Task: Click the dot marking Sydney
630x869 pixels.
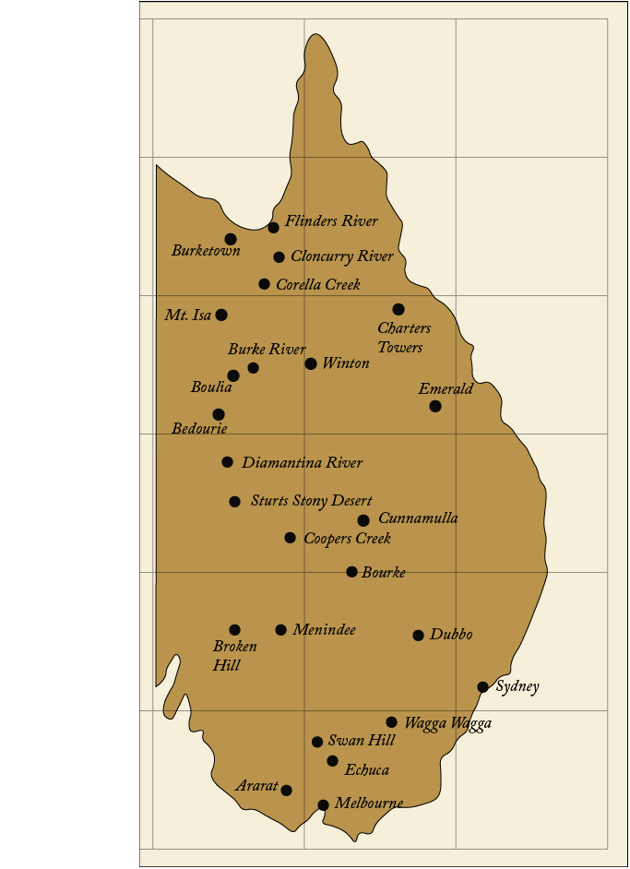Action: tap(482, 687)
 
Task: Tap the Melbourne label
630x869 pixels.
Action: tap(368, 804)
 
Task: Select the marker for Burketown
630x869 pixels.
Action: tap(231, 239)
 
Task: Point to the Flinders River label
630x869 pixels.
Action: tap(331, 221)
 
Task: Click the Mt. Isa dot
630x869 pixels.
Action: tap(221, 315)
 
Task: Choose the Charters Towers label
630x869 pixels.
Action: tap(404, 338)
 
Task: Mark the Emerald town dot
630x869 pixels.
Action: tap(435, 406)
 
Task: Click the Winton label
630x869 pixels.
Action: tap(346, 363)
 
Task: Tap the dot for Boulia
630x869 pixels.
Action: tap(233, 375)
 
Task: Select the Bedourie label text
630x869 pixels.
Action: tap(199, 429)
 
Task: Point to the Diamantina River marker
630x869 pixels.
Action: tap(227, 462)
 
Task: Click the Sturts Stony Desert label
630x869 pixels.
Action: tap(312, 501)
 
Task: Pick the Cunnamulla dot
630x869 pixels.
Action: tap(363, 520)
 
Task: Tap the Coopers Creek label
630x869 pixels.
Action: tap(347, 538)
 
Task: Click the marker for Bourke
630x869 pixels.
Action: tap(351, 572)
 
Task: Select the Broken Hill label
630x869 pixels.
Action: tap(234, 656)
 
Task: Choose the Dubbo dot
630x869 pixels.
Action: tap(418, 636)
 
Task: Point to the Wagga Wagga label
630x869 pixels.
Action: tap(447, 723)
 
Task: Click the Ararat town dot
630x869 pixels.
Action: tap(286, 791)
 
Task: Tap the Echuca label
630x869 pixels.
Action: tap(367, 770)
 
